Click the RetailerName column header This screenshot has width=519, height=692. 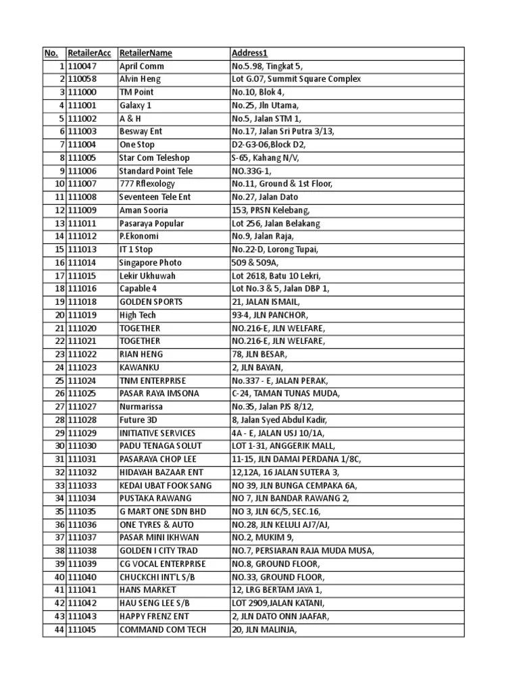point(145,53)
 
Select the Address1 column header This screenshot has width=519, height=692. point(249,53)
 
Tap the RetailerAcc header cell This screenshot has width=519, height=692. point(89,53)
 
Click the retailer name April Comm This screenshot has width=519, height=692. point(141,66)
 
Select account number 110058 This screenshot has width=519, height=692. point(82,79)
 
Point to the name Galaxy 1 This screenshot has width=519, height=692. point(135,105)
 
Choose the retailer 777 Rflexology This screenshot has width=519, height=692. point(147,184)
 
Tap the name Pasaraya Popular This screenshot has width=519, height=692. point(151,223)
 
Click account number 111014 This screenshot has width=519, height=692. point(82,262)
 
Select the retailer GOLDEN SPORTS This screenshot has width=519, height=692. point(150,301)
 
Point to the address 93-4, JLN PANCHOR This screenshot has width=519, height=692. point(270,315)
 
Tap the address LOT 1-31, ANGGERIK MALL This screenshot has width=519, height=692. point(283,446)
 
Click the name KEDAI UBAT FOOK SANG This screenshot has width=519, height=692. point(165,485)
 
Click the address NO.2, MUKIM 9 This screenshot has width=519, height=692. point(262,538)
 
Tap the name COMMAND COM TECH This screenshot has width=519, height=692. point(163,630)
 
